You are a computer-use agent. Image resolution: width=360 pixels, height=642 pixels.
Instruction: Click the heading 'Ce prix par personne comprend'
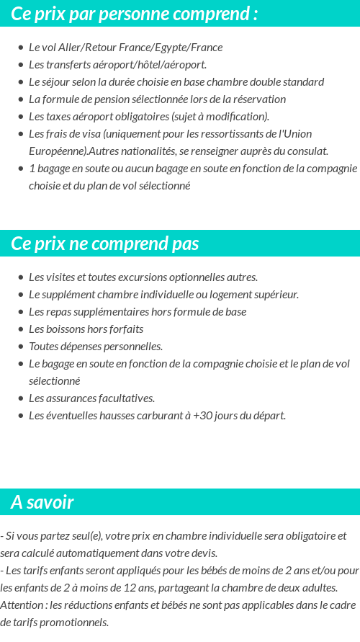[x=135, y=14]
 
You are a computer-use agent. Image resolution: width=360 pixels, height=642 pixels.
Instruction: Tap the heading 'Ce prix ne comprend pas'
[x=105, y=244]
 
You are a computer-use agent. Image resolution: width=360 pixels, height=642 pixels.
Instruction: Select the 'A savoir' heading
[x=42, y=502]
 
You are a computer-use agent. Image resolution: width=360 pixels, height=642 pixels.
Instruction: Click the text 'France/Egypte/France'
[x=178, y=48]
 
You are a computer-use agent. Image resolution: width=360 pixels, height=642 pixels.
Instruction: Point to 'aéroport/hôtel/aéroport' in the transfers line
[x=151, y=65]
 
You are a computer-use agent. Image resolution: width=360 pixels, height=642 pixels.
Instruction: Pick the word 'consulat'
[x=307, y=151]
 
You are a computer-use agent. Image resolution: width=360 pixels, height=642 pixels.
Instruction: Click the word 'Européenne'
[x=57, y=151]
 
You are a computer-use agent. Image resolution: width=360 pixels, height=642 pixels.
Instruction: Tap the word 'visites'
[x=60, y=277]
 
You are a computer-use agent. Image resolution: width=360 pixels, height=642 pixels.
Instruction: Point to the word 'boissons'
[x=63, y=329]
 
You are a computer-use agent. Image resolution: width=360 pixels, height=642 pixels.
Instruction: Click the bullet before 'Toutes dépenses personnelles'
[x=21, y=347]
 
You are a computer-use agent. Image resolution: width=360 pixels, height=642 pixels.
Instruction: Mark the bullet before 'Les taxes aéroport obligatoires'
[x=21, y=117]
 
